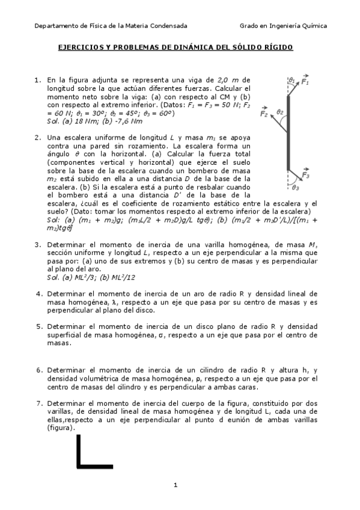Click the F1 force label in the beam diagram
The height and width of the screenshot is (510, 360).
coord(306,81)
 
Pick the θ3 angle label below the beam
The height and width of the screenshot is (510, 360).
coord(295,187)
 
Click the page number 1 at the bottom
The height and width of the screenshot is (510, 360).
coord(175,484)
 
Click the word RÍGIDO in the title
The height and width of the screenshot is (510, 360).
coord(277,46)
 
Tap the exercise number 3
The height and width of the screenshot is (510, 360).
coord(37,245)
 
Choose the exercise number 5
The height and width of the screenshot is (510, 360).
coord(37,326)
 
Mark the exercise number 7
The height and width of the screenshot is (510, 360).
coord(37,403)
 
